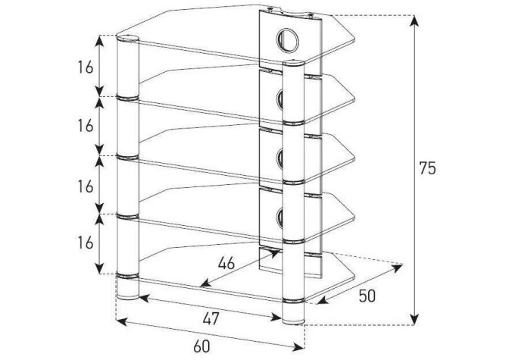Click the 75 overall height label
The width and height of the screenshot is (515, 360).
[x=427, y=168]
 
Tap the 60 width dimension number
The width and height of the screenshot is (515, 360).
[x=201, y=346]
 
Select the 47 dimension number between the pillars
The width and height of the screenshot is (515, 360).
[x=211, y=318]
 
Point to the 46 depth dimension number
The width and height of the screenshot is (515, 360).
[x=226, y=263]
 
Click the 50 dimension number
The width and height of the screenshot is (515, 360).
[x=367, y=296]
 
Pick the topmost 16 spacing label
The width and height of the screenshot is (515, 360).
[x=86, y=67]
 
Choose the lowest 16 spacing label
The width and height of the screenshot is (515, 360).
[x=86, y=243]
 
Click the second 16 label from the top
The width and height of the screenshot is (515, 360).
[x=86, y=126]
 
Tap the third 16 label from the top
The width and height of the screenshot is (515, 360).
[x=86, y=186]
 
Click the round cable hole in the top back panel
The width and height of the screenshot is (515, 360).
[x=288, y=40]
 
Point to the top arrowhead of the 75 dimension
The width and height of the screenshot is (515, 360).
[x=415, y=20]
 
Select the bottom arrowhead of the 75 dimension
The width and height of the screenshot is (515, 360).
[x=415, y=320]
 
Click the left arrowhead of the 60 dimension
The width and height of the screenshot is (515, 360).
[x=121, y=321]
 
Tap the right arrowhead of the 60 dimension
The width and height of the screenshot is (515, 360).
[x=299, y=346]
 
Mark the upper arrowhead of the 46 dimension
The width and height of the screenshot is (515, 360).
[x=274, y=253]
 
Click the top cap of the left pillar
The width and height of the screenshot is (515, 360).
[x=128, y=39]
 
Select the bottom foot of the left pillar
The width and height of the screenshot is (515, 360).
[x=128, y=289]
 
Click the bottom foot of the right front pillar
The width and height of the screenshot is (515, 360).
[x=293, y=313]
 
